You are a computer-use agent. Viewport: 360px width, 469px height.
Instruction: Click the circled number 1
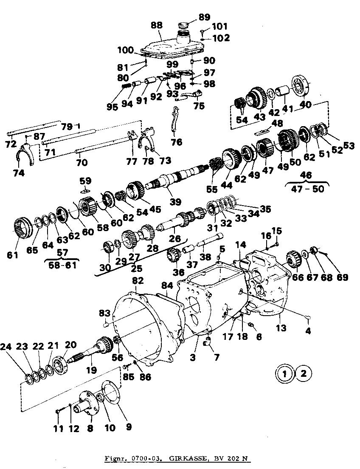pyautogui.click(x=284, y=374)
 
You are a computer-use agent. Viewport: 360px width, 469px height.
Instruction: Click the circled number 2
pyautogui.click(x=303, y=374)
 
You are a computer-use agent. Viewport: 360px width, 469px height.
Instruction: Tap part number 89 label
pyautogui.click(x=204, y=17)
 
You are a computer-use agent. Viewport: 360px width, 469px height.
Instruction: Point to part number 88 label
pyautogui.click(x=157, y=25)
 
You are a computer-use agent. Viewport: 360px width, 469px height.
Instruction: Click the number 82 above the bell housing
pyautogui.click(x=138, y=281)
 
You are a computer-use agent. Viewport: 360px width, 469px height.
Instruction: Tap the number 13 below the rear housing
pyautogui.click(x=281, y=328)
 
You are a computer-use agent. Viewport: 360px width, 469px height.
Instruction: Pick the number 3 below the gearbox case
pyautogui.click(x=193, y=358)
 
